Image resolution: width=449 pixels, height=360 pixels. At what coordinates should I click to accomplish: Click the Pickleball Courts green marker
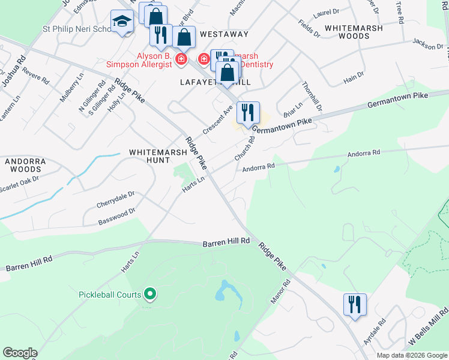click(150, 294)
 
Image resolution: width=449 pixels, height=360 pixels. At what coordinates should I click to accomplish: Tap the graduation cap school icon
click(122, 23)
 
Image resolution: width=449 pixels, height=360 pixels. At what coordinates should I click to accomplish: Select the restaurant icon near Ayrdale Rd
click(355, 304)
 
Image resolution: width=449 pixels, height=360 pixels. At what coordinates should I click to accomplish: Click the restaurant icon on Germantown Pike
click(247, 113)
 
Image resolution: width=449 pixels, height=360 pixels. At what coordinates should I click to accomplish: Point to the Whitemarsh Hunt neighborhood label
click(158, 157)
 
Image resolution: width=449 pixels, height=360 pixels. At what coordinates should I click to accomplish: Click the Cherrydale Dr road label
click(115, 200)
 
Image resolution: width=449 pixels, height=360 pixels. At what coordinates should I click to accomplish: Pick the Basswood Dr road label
click(117, 217)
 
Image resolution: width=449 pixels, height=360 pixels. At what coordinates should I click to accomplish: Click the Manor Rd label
click(280, 291)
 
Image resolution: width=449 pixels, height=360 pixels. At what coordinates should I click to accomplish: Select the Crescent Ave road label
click(217, 121)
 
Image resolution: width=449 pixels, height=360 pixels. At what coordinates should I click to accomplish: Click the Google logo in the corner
click(20, 353)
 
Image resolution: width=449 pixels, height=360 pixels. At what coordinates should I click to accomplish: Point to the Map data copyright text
click(412, 355)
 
